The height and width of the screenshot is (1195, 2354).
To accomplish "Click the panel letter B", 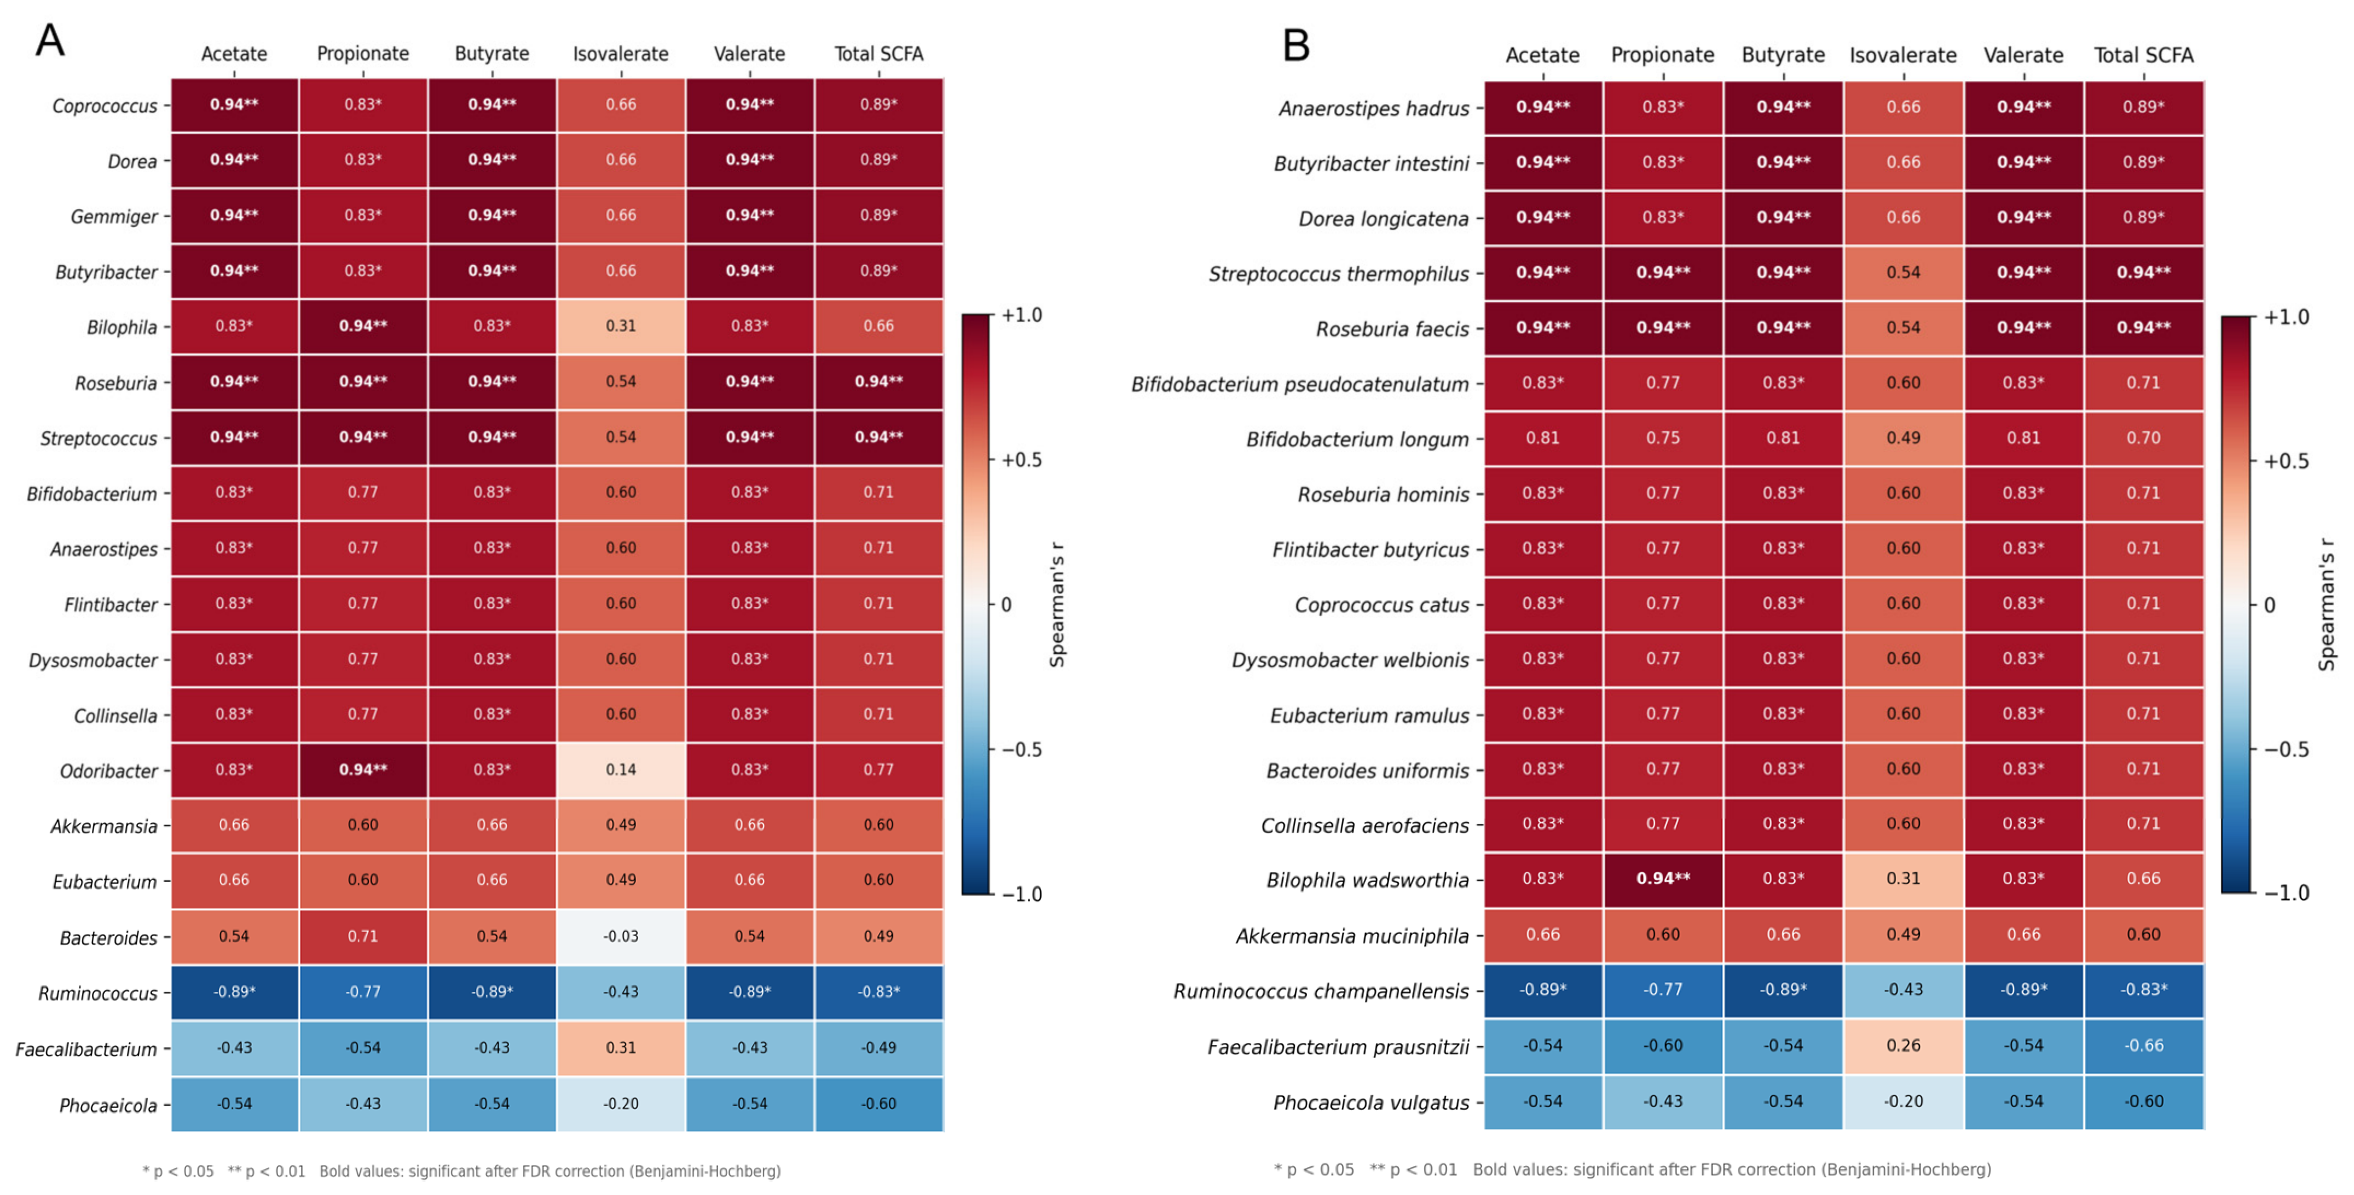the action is tap(1296, 44).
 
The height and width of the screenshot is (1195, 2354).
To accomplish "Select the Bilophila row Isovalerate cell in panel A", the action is tap(621, 326).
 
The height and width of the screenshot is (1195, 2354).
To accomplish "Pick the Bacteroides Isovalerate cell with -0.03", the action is tap(621, 936).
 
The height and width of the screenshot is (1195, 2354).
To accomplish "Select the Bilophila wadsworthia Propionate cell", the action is tap(1663, 879).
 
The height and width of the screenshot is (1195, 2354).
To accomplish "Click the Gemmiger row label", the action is tap(114, 217).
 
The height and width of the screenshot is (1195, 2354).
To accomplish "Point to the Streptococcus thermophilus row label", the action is tap(1339, 274).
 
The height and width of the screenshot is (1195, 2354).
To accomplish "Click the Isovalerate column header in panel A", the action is tap(621, 54).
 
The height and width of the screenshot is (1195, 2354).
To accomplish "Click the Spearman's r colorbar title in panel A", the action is tap(1057, 605).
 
